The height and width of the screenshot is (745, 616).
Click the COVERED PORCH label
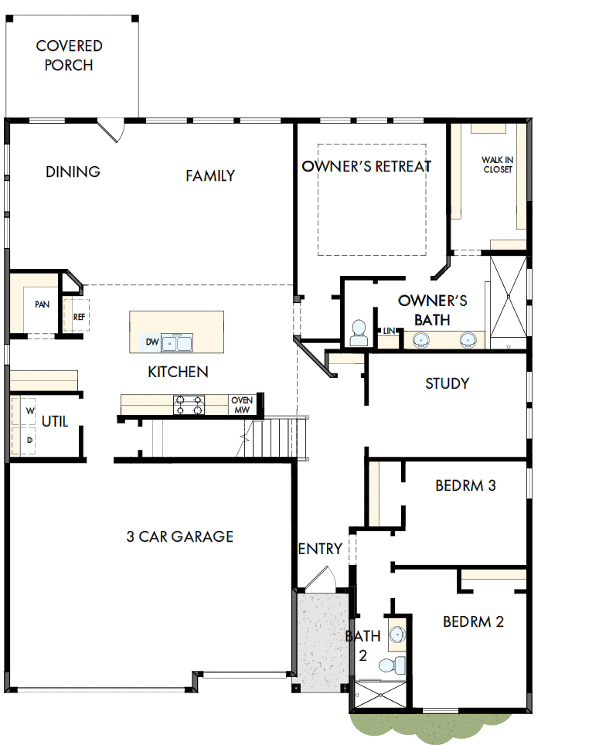point(70,56)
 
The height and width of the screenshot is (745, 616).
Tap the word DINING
point(73,172)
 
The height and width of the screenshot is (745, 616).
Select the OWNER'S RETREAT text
point(366,166)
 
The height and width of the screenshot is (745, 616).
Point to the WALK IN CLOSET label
point(498,165)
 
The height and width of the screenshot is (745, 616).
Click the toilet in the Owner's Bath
point(359,334)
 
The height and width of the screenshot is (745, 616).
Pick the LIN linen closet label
point(389,331)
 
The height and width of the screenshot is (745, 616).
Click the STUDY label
point(447,383)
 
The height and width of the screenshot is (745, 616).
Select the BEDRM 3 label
point(465,485)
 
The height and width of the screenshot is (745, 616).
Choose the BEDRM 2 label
point(473,621)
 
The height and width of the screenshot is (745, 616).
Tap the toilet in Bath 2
point(391,663)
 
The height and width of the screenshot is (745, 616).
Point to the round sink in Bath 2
point(396,635)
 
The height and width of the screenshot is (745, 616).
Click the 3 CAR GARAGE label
point(180,536)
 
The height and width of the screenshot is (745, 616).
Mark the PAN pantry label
point(42,304)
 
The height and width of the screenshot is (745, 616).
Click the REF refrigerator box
point(79,317)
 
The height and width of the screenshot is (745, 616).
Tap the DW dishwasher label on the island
point(151,342)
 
